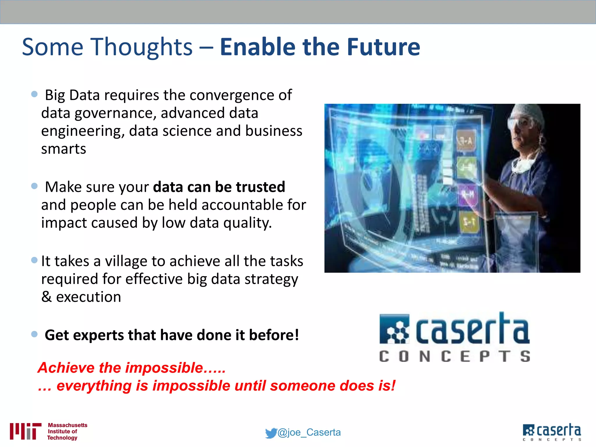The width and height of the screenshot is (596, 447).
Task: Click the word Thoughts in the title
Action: [142, 47]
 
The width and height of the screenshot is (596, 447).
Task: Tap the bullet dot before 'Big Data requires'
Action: [34, 94]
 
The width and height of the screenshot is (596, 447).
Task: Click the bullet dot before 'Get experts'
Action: [34, 334]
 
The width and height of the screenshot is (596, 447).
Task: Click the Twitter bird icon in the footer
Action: [271, 433]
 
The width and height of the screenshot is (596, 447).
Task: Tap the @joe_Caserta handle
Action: [309, 432]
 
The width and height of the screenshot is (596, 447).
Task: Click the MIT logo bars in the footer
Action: [25, 431]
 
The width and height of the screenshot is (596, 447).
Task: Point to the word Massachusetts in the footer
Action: [68, 425]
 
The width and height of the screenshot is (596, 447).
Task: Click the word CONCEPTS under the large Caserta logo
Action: [455, 356]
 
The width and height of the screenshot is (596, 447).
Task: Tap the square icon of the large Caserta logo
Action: [394, 329]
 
